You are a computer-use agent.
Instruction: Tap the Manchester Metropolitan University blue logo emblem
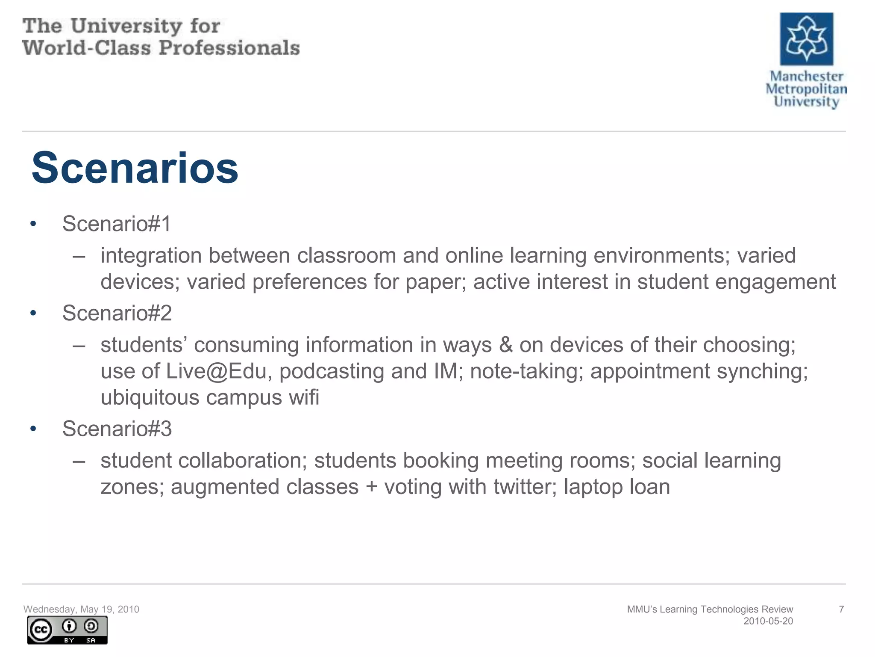pos(806,38)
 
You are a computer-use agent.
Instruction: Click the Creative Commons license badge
pos(67,630)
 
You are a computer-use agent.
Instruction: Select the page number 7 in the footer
pos(841,609)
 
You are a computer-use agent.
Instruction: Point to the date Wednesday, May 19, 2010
pos(81,609)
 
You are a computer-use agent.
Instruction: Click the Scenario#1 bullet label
pos(117,224)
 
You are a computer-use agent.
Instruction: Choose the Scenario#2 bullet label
pos(117,313)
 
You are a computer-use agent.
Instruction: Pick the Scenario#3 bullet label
pos(117,429)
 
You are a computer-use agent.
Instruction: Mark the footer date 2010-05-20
pos(768,621)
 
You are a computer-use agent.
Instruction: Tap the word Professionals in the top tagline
pos(229,48)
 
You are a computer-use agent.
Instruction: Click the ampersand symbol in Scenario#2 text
pos(505,345)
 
